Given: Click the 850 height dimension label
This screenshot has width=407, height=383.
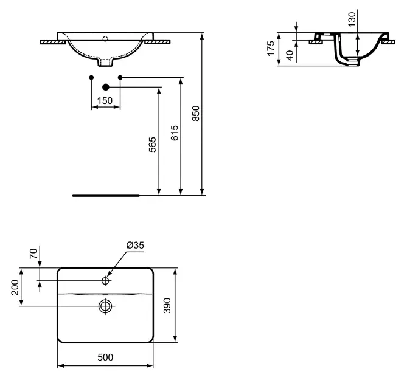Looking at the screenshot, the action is click(x=196, y=113).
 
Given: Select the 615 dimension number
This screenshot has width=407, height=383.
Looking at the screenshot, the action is click(x=175, y=133).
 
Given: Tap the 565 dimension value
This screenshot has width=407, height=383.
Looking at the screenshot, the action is click(x=153, y=145).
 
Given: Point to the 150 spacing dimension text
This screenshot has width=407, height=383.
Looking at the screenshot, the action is click(x=105, y=100).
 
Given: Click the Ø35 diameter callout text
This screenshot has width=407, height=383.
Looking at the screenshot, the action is click(x=135, y=245).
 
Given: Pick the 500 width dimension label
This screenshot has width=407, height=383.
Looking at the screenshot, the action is click(x=105, y=357).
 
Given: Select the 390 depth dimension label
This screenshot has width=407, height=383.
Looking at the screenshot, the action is click(x=167, y=306).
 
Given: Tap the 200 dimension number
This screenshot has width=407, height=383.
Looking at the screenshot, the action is click(x=15, y=288).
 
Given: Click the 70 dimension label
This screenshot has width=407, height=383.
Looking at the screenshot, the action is click(x=33, y=254).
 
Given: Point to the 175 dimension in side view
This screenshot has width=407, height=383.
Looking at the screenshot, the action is click(x=271, y=48).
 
